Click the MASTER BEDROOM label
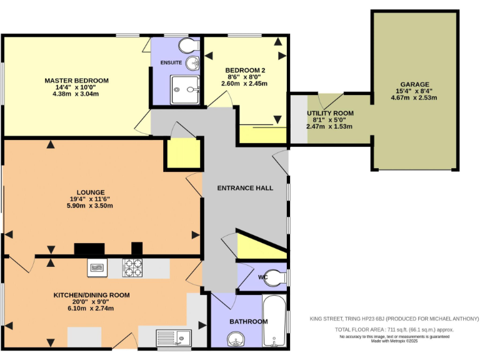point(76,81)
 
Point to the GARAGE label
point(414,84)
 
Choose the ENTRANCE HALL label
point(244,187)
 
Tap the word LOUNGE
point(91,192)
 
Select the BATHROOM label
point(248,321)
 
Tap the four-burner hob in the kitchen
point(133,268)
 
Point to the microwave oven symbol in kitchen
point(97,268)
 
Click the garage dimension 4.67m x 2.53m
point(414,97)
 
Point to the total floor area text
point(394,329)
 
